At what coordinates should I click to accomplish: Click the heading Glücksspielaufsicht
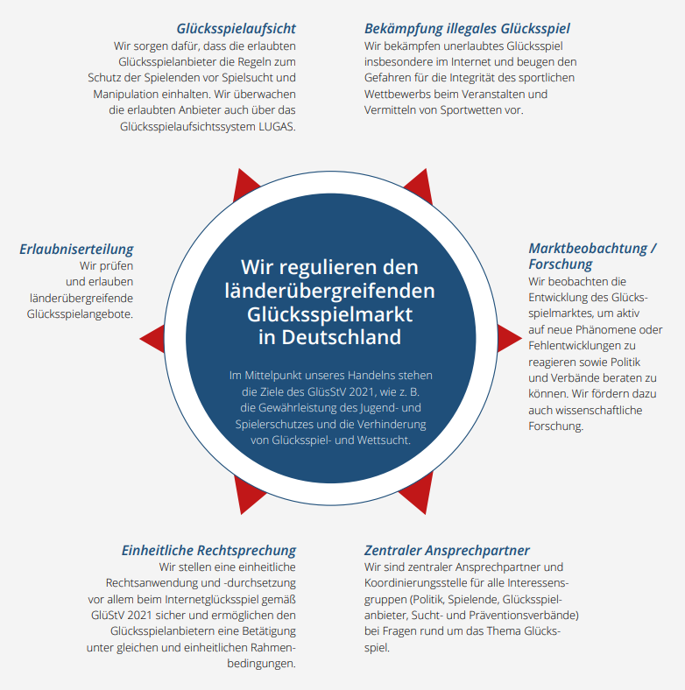pyautogui.click(x=236, y=28)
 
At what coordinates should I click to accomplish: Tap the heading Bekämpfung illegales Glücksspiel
pyautogui.click(x=467, y=28)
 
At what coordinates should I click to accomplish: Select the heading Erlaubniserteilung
pyautogui.click(x=76, y=250)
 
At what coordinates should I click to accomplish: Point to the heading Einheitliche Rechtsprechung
pyautogui.click(x=208, y=550)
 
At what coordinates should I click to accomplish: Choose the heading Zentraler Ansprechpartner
pyautogui.click(x=447, y=550)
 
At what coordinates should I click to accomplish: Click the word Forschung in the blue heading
pyautogui.click(x=561, y=264)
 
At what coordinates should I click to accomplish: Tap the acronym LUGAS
pyautogui.click(x=273, y=126)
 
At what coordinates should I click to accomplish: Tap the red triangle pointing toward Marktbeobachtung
pyautogui.click(x=509, y=336)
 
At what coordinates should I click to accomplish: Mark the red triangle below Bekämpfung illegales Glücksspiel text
pyautogui.click(x=419, y=186)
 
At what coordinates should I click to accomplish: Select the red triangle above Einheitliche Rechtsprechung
pyautogui.click(x=248, y=494)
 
